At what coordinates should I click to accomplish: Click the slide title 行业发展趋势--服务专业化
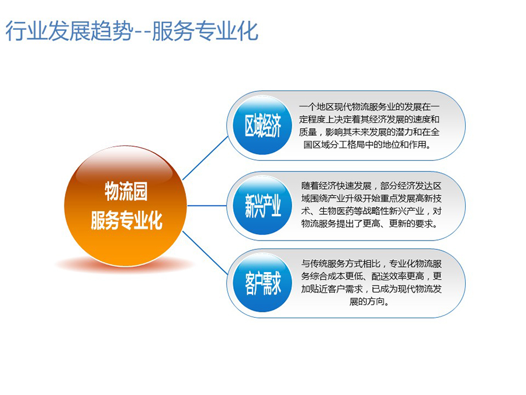pos(131,31)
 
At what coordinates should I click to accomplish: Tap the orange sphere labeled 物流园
pos(126,206)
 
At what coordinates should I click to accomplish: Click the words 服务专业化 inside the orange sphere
pos(126,221)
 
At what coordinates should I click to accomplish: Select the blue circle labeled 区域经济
pos(262,126)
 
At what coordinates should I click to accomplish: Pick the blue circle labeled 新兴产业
pos(262,205)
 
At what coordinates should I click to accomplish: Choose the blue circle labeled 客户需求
pos(262,283)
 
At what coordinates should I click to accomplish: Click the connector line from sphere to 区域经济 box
pos(206,158)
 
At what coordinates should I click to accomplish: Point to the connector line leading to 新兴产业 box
pos(207,205)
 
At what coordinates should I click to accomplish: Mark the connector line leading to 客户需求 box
pos(206,253)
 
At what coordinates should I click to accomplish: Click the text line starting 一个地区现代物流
pos(369,107)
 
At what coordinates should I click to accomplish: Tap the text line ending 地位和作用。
pos(368,145)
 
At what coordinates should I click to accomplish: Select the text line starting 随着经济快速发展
pos(371,186)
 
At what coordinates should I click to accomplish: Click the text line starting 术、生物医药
pos(371,211)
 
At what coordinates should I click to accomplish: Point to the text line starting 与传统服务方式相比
pos(371,264)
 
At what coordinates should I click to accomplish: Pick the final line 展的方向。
pos(369,301)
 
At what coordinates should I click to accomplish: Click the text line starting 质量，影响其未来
pos(369,132)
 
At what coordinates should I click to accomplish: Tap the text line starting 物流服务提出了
pos(370,224)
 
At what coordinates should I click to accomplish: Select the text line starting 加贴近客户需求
pos(371,289)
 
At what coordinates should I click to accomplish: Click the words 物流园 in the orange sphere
pos(126,191)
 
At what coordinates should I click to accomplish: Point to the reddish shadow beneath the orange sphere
pos(125,265)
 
